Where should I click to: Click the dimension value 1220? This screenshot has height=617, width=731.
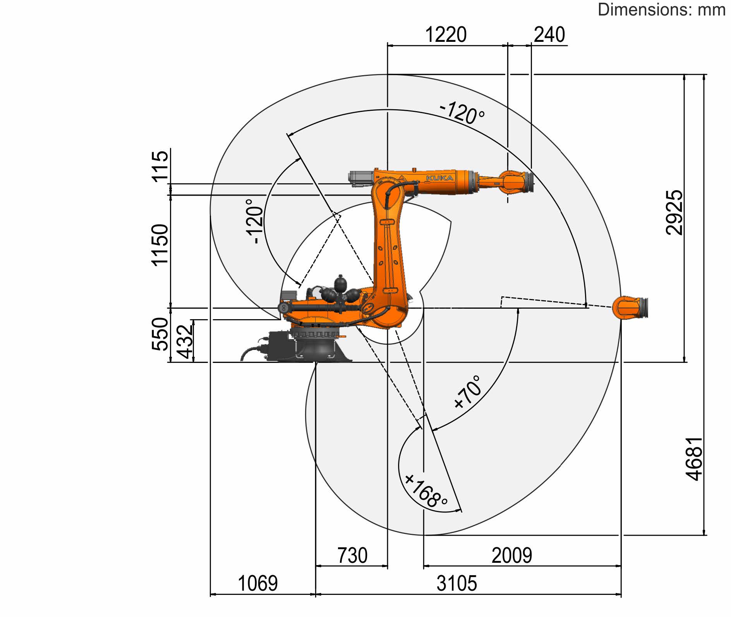(x=446, y=34)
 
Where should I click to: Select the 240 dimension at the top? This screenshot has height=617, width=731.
(x=549, y=34)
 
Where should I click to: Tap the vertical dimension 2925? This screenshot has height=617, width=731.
(x=674, y=212)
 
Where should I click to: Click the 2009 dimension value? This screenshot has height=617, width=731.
(x=512, y=555)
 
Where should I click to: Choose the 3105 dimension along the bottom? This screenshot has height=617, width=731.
(x=457, y=583)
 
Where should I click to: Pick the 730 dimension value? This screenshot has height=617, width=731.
(x=352, y=555)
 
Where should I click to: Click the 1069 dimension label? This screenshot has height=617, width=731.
(x=257, y=583)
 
